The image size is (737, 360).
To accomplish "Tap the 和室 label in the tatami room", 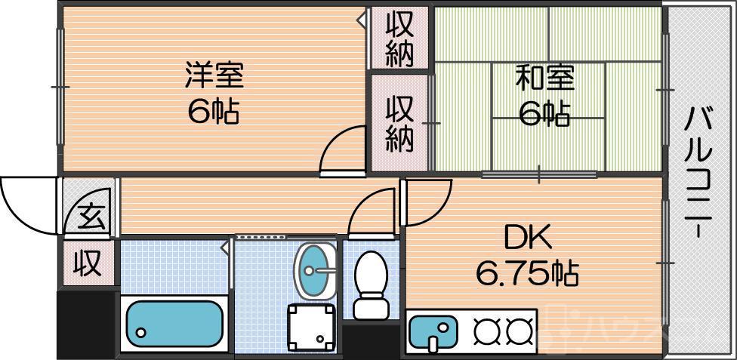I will pyautogui.click(x=544, y=78).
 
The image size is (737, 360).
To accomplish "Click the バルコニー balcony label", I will pyautogui.click(x=699, y=173).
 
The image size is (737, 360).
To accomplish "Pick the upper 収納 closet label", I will pyautogui.click(x=399, y=39).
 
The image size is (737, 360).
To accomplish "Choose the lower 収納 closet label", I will pyautogui.click(x=399, y=125).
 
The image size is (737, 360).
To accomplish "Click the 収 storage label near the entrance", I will pyautogui.click(x=87, y=264).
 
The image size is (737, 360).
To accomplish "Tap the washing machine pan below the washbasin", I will pyautogui.click(x=310, y=325).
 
